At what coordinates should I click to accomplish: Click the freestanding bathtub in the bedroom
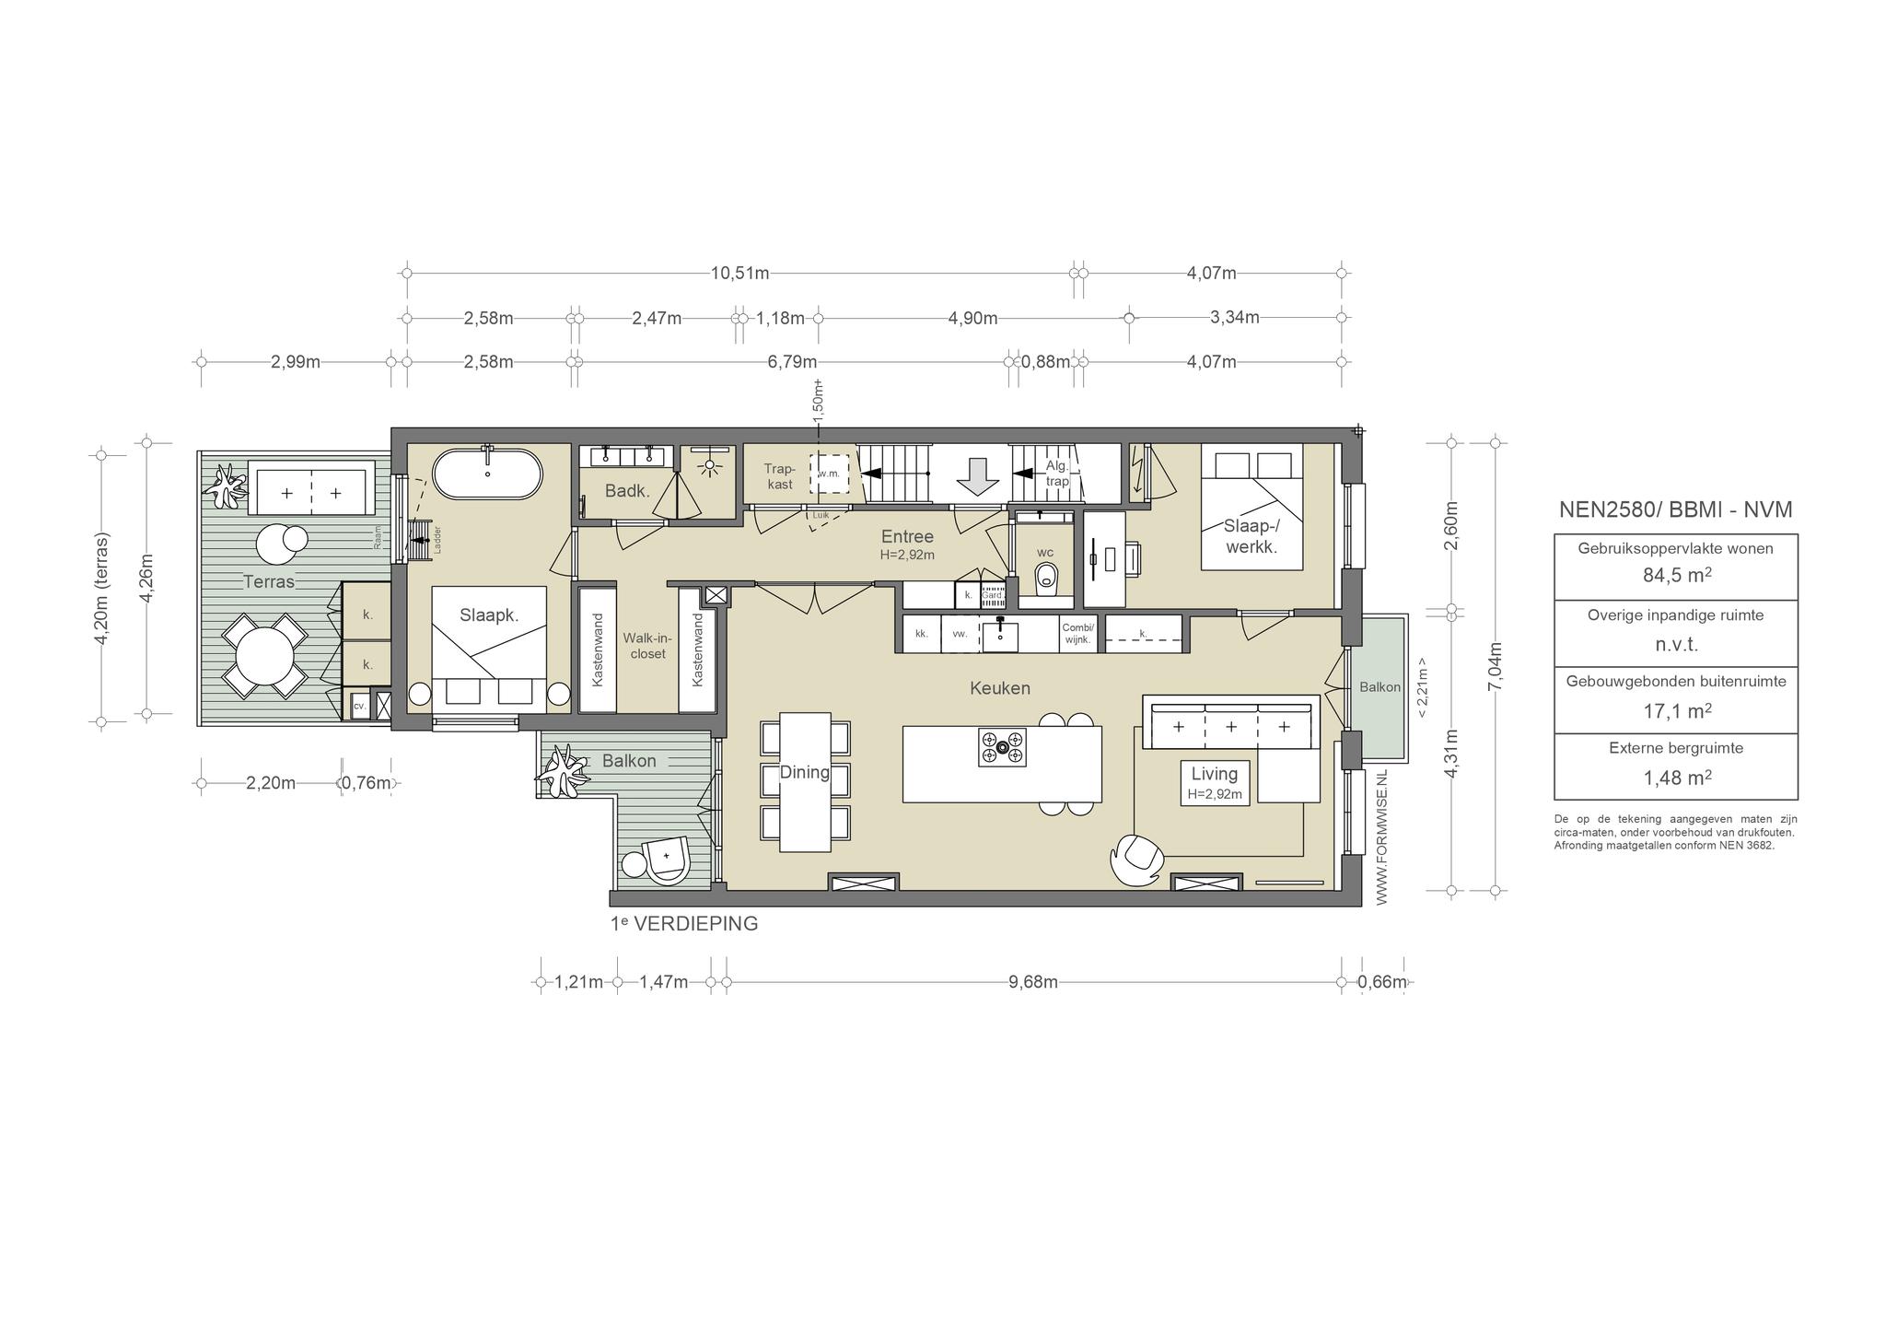click(488, 474)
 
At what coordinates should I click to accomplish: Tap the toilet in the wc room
click(1045, 578)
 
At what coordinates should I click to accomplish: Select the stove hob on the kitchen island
click(1002, 746)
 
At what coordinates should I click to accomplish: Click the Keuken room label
click(999, 688)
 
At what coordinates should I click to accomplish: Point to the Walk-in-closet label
click(648, 646)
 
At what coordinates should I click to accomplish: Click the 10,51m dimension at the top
click(739, 273)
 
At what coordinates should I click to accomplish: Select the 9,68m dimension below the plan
click(1032, 982)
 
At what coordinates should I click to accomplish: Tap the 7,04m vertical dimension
click(1495, 665)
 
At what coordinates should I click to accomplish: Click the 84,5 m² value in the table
click(1676, 576)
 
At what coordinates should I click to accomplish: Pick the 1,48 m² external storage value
click(1676, 778)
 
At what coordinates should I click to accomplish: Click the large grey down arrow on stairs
click(977, 474)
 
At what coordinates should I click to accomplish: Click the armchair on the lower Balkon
click(666, 859)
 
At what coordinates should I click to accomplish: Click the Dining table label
click(804, 772)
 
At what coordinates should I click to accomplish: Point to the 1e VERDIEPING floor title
click(684, 924)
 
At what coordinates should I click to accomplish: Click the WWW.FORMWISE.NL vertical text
click(1381, 837)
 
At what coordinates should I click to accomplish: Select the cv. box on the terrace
click(358, 706)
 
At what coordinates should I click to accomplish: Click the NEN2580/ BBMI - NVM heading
click(1676, 509)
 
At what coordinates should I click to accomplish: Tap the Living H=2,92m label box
click(1215, 782)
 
